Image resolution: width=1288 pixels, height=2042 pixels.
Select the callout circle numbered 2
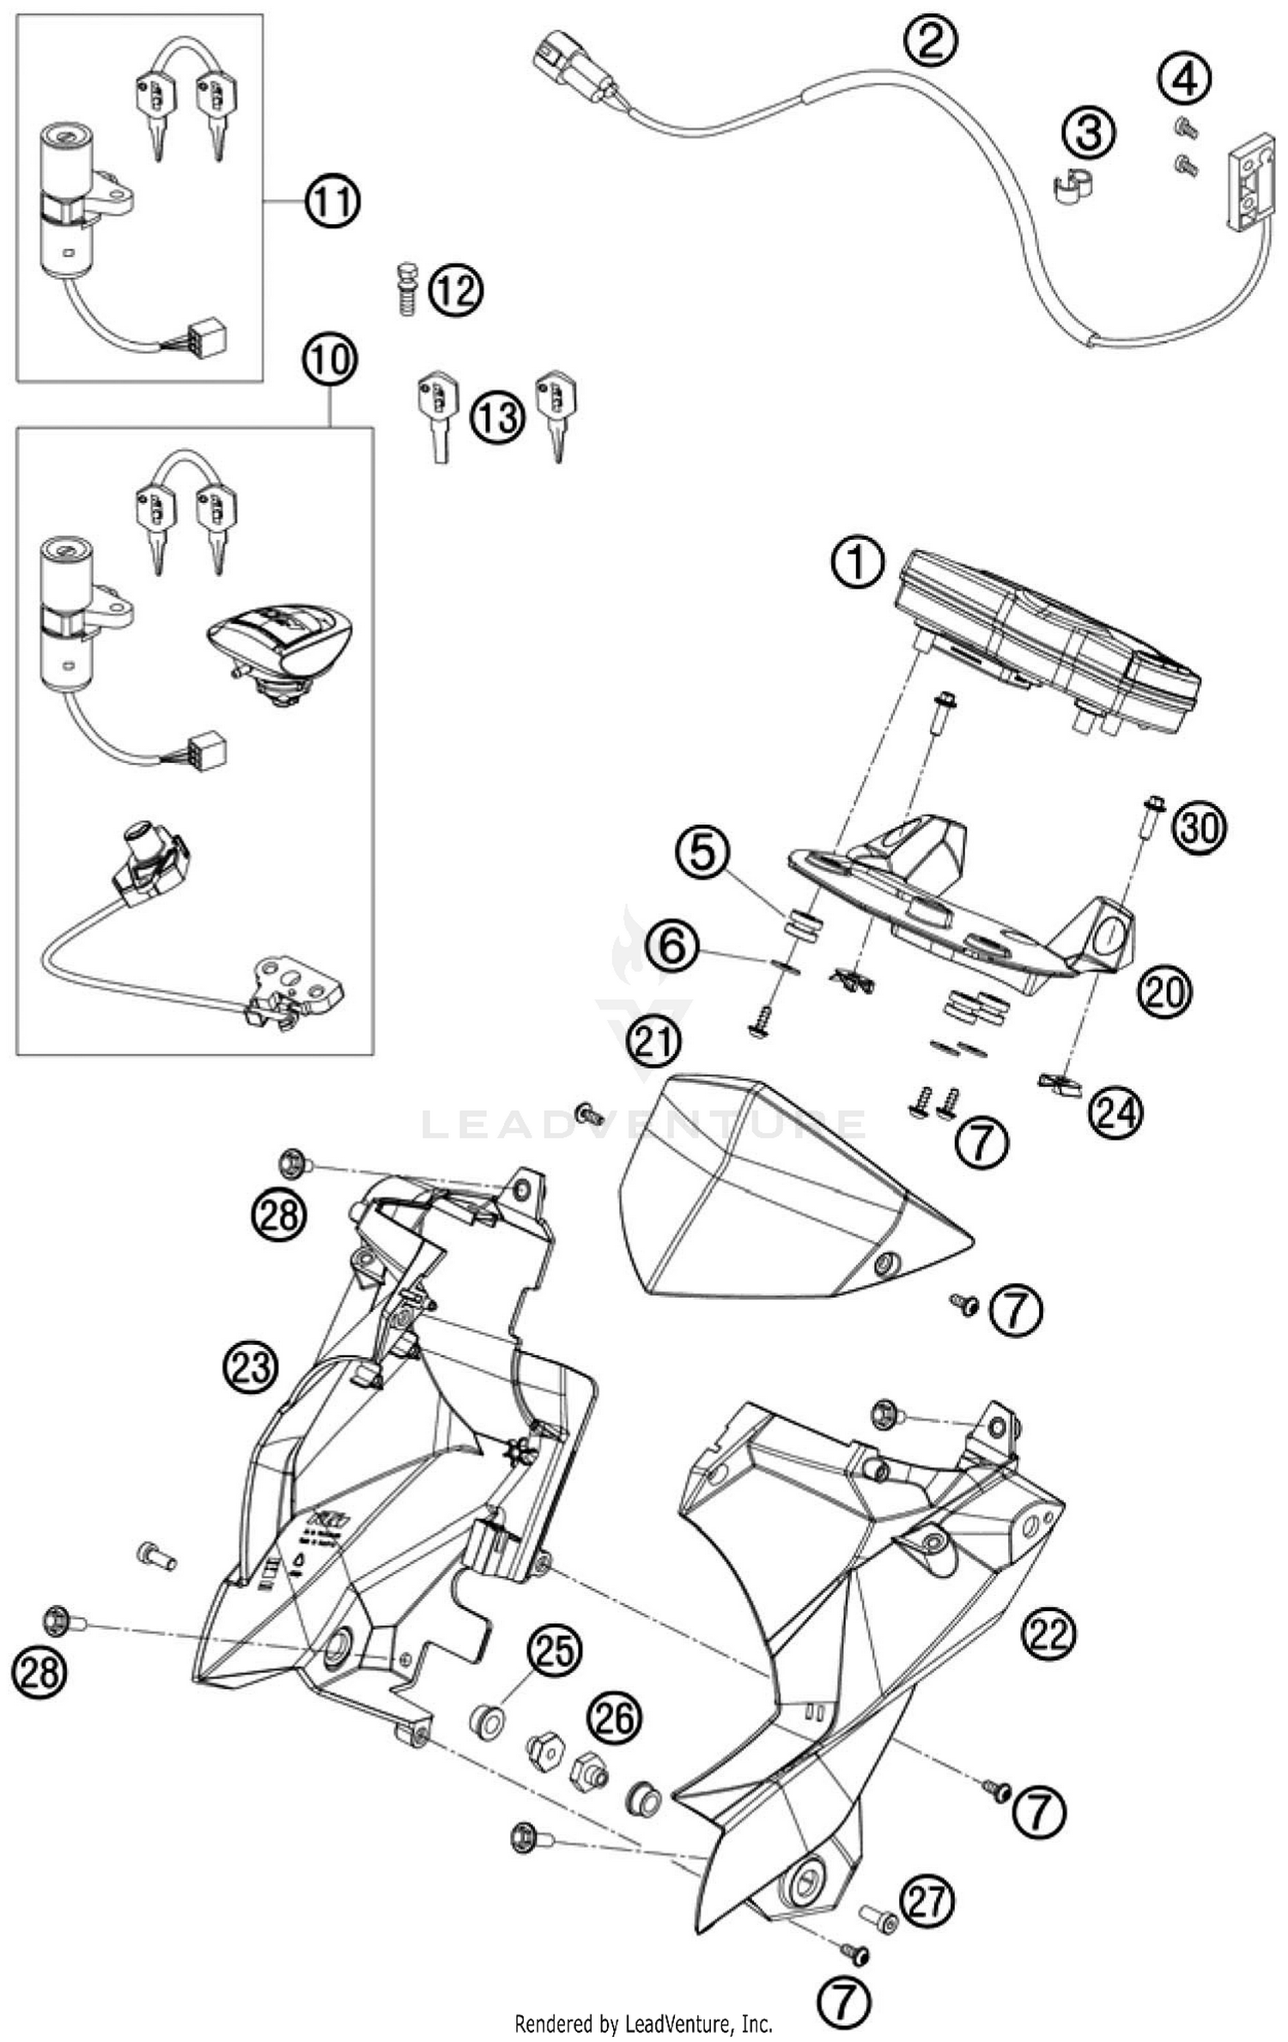pos(930,42)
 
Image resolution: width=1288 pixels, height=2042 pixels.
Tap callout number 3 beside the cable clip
pos(1089,134)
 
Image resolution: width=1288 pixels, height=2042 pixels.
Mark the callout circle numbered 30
pos(1201,828)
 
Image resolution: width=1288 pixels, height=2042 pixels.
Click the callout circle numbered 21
pos(653,1042)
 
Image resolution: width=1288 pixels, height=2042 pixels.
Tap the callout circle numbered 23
pos(252,1366)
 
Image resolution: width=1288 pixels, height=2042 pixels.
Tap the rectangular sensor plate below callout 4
pos(1247,187)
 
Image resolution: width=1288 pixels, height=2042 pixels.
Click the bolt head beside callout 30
pos(1152,807)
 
